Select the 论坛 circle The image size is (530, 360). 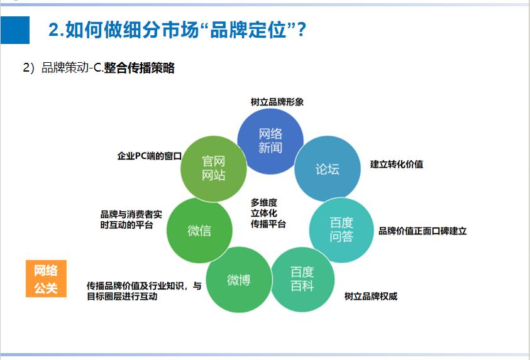[x=327, y=169]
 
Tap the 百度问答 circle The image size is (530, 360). [x=341, y=230]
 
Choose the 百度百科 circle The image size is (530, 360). [x=302, y=280]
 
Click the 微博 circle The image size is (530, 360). [x=238, y=280]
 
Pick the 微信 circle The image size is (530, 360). [x=199, y=231]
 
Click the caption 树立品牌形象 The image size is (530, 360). [x=277, y=102]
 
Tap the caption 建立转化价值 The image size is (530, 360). [x=396, y=164]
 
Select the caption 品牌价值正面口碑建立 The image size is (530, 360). [x=422, y=231]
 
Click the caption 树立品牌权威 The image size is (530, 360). [x=370, y=296]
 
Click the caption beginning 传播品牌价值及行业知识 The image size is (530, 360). [x=144, y=291]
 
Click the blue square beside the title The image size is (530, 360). [x=15, y=30]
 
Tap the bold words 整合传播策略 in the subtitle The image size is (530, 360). [x=139, y=68]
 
